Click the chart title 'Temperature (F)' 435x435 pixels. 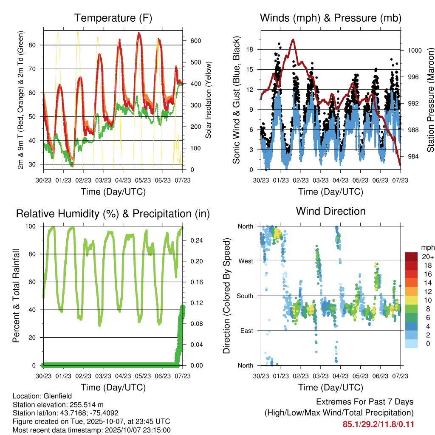pyautogui.click(x=113, y=18)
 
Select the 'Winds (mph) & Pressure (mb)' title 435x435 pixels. pyautogui.click(x=330, y=18)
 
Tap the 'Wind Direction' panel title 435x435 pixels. pyautogui.click(x=330, y=211)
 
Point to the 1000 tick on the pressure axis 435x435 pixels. pyautogui.click(x=414, y=50)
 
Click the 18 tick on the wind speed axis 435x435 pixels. pyautogui.click(x=250, y=49)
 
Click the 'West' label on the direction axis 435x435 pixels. pyautogui.click(x=246, y=261)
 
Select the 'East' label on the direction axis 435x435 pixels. pyautogui.click(x=246, y=331)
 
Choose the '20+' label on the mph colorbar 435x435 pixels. pyautogui.click(x=427, y=257)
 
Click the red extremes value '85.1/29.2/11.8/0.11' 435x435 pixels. pyautogui.click(x=378, y=424)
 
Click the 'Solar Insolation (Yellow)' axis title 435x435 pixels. pyautogui.click(x=208, y=100)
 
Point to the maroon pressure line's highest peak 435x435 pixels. pyautogui.click(x=293, y=40)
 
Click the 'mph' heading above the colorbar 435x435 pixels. pyautogui.click(x=426, y=248)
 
